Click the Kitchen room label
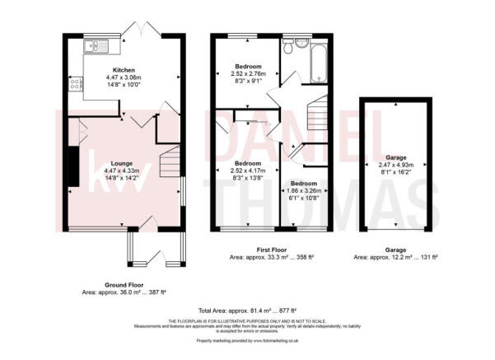click(x=124, y=69)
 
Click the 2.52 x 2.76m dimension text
click(x=248, y=73)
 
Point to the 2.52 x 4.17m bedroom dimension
click(x=248, y=171)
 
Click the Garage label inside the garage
click(x=395, y=157)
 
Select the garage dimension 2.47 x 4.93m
click(x=395, y=166)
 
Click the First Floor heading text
click(x=271, y=250)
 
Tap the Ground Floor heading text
click(x=124, y=285)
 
